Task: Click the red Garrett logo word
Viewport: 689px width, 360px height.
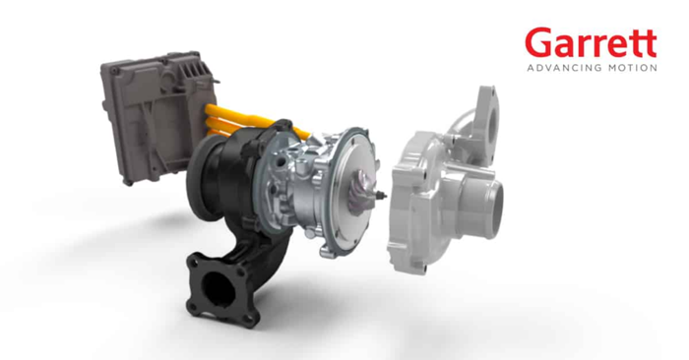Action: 591,42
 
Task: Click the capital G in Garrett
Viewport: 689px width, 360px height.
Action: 537,42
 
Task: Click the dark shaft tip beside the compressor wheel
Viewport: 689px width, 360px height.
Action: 382,195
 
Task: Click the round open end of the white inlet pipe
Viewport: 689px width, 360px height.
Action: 493,209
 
